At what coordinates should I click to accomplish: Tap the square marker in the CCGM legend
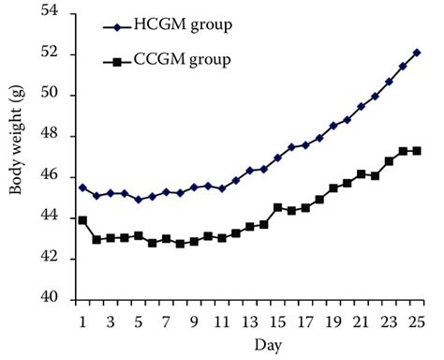117,63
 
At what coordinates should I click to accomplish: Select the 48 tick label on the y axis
50,135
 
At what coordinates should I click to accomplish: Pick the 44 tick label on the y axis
50,217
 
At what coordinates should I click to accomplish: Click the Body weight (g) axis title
16,155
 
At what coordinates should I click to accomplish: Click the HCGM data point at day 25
417,52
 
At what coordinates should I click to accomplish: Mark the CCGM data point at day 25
417,150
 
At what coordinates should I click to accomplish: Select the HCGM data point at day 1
83,187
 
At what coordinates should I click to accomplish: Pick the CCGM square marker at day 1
83,219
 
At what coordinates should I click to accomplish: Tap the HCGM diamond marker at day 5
139,199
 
